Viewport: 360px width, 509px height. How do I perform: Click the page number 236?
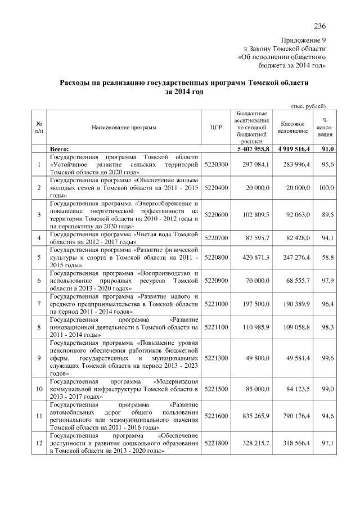[320, 26]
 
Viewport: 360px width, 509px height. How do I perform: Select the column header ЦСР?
[216, 128]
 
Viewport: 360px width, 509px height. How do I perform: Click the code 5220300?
[216, 164]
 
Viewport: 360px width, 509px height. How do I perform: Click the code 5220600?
[216, 215]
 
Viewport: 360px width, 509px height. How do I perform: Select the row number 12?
[37, 443]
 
